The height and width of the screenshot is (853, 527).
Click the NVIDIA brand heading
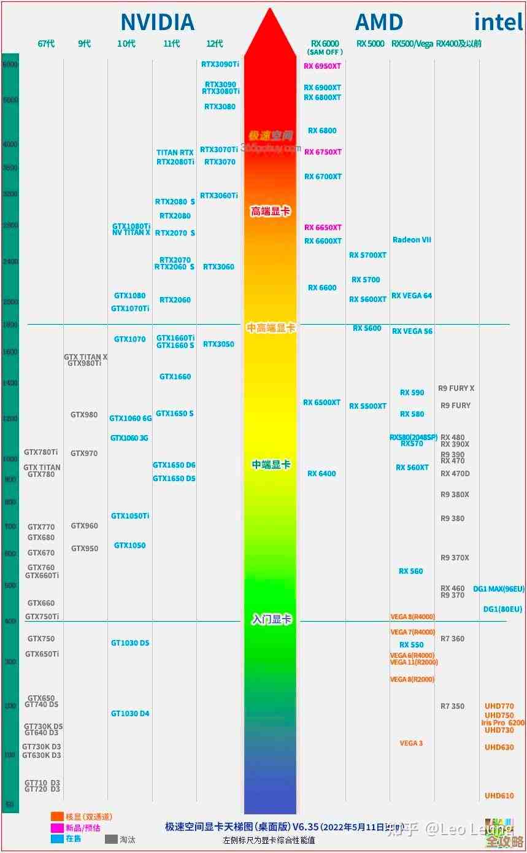(157, 23)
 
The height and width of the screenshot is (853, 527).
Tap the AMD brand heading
(379, 23)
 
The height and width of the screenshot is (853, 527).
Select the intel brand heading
(498, 22)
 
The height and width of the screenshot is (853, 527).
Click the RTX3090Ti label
(220, 64)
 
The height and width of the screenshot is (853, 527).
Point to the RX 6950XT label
(322, 66)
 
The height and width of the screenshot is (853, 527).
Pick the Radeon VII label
(412, 240)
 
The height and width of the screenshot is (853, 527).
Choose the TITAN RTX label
(175, 153)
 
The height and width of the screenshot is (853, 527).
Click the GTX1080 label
(129, 296)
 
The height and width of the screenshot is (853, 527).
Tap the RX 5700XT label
(367, 255)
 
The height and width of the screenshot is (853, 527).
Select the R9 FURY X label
(456, 388)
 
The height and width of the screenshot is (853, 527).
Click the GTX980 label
(84, 415)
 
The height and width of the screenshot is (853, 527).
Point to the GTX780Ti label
(41, 452)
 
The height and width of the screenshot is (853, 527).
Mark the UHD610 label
(499, 796)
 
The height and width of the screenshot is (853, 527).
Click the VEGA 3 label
(411, 744)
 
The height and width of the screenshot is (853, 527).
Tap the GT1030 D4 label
(130, 714)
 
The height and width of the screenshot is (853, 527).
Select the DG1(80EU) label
(503, 609)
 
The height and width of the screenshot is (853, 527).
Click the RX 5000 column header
(370, 44)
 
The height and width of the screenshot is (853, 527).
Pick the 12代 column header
(215, 44)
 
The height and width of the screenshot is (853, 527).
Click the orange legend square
(57, 817)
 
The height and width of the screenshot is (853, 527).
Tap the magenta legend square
(57, 828)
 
